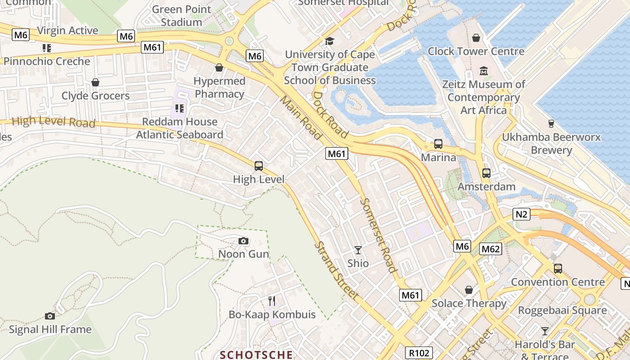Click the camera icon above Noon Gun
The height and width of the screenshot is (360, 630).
(243, 241)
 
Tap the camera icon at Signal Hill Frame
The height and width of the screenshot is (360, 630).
(50, 316)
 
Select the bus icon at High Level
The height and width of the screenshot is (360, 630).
(259, 166)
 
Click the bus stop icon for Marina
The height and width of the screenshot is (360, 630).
(438, 144)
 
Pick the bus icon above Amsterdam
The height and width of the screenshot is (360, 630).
(486, 173)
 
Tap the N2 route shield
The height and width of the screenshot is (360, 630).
(521, 214)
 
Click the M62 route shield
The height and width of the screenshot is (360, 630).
(490, 249)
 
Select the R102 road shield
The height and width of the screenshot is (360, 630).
(418, 353)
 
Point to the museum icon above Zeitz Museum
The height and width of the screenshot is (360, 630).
(484, 71)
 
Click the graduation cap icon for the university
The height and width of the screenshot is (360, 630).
(330, 41)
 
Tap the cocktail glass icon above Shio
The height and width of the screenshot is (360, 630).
(358, 250)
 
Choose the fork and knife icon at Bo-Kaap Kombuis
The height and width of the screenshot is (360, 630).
(272, 301)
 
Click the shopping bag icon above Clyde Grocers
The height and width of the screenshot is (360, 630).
(95, 82)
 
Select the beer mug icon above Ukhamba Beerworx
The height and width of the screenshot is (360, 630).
(551, 124)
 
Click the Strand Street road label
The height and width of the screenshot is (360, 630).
(337, 271)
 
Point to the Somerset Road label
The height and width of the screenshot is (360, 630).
(379, 235)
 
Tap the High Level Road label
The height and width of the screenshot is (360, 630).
(53, 121)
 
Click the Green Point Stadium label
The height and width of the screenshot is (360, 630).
(181, 16)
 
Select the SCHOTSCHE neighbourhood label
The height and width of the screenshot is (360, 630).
(256, 355)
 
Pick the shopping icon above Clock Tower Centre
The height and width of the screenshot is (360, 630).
(476, 38)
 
